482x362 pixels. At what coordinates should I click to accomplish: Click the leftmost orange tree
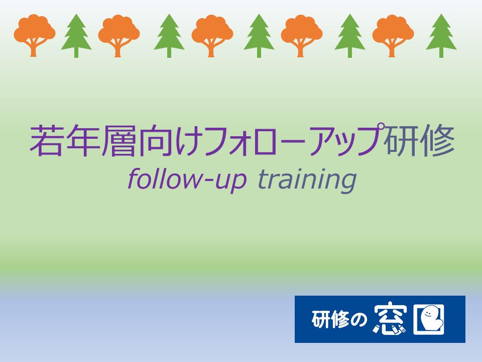(35, 35)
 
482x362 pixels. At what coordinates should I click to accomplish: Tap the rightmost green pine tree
(441, 35)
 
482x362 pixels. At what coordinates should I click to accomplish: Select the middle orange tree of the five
(212, 35)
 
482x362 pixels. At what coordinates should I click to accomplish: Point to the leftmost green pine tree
(76, 35)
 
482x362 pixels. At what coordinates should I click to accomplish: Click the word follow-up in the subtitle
(187, 180)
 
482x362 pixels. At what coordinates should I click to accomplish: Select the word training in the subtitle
(307, 180)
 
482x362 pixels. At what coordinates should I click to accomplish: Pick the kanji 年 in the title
(83, 141)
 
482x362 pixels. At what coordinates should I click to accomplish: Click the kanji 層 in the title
(118, 141)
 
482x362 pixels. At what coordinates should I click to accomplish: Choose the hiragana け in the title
(187, 141)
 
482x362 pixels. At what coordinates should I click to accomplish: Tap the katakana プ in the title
(369, 139)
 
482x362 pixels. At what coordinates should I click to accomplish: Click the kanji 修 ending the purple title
(437, 141)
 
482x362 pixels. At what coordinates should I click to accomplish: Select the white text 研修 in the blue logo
(330, 320)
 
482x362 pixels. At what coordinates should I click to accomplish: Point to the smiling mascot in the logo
(430, 319)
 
